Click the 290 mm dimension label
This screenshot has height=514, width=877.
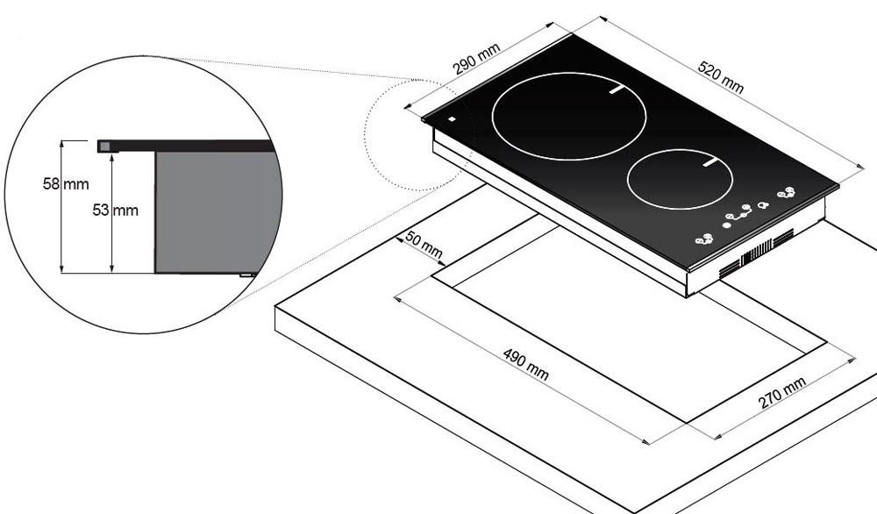[x=476, y=58]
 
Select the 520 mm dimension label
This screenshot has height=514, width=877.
[x=721, y=76]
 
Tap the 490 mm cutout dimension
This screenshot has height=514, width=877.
[x=525, y=364]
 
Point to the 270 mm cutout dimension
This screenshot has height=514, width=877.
[x=782, y=392]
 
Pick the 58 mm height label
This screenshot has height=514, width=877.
[x=66, y=183]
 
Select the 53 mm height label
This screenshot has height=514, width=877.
[x=115, y=211]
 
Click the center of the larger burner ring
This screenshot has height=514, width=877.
[x=569, y=117]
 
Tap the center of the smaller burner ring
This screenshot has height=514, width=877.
[x=680, y=179]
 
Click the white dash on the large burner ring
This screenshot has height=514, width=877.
[x=617, y=89]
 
